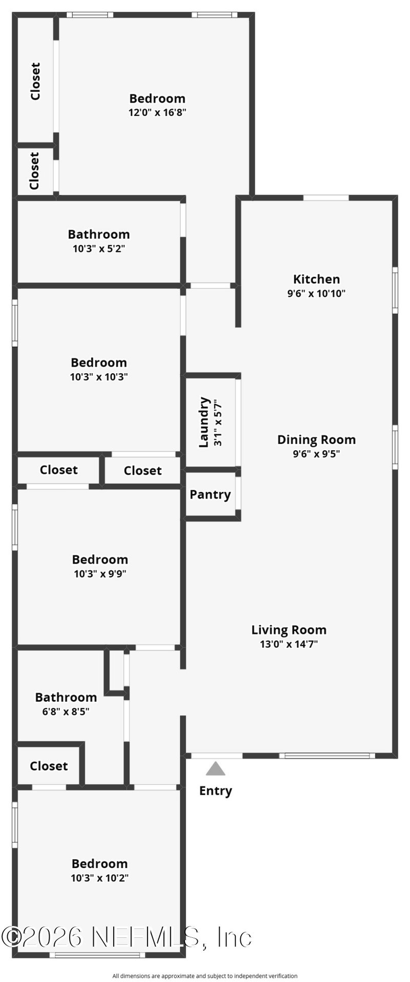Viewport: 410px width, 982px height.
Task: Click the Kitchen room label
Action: point(316,279)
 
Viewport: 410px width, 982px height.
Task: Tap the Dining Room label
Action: point(316,440)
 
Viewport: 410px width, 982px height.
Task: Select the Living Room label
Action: point(289,630)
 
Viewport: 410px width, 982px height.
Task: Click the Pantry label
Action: point(210,495)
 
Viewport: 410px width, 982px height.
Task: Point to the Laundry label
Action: point(204,422)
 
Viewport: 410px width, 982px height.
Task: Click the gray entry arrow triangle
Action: point(216,768)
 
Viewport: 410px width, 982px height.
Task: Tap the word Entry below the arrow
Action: point(216,791)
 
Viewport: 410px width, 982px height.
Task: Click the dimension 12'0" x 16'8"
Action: point(157,112)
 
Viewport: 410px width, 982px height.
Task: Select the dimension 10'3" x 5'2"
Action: point(99,249)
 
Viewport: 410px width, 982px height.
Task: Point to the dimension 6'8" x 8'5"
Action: point(66,712)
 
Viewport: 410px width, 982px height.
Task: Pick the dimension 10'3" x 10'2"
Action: point(99,878)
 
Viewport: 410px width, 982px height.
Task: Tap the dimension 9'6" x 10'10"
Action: point(316,294)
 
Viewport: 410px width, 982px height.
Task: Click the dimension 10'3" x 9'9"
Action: point(100,574)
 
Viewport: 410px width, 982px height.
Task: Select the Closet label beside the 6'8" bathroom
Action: point(49,766)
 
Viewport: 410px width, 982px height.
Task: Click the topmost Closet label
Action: point(35,81)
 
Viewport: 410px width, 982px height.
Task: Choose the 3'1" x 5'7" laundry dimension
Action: point(218,422)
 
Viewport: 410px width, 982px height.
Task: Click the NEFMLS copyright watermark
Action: point(127,937)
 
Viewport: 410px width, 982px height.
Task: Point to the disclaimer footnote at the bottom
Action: point(205,976)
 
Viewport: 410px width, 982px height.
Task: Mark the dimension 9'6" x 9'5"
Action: point(316,454)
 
